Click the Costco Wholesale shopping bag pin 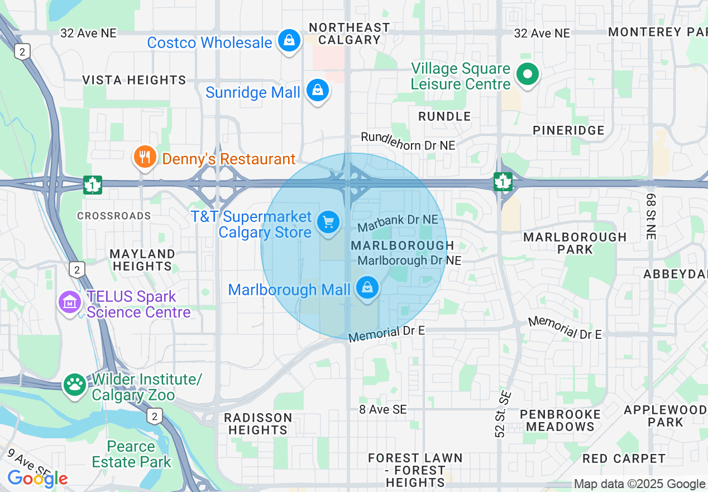click(289, 40)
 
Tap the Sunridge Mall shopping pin click(318, 91)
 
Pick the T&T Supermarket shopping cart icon click(328, 223)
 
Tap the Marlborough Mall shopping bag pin click(367, 288)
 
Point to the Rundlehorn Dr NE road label click(408, 141)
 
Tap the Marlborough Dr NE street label click(409, 261)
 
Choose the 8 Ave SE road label click(383, 410)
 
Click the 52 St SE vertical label click(504, 413)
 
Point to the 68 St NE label click(651, 217)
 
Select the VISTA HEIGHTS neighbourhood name click(134, 81)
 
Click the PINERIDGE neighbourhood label click(568, 130)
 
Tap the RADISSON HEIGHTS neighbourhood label click(257, 424)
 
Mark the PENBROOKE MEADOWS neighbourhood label click(561, 420)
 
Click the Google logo click(37, 479)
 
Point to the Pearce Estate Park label click(132, 455)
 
